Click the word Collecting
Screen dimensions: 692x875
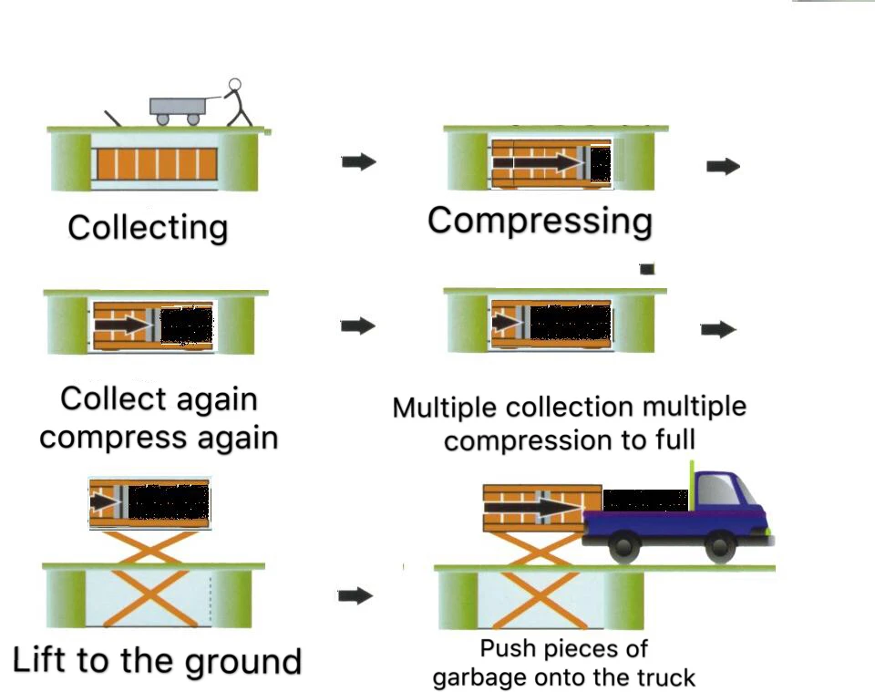tap(148, 226)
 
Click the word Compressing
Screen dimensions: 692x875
tap(540, 222)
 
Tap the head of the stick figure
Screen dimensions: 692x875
tap(235, 87)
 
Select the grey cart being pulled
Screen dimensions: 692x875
tap(179, 107)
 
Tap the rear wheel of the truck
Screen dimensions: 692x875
tap(623, 547)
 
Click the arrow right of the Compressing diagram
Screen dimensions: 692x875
tap(723, 166)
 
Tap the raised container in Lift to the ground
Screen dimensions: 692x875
tap(149, 501)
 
